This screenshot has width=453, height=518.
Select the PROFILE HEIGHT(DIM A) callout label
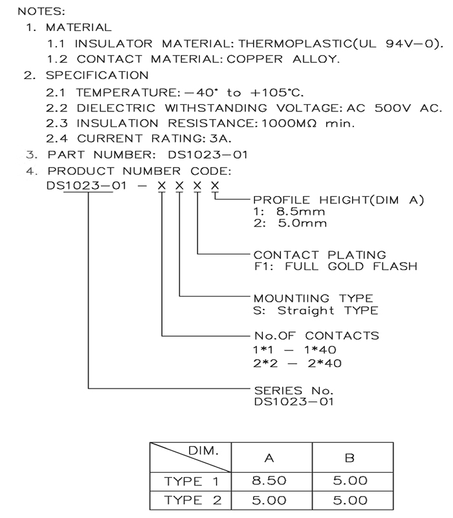(x=338, y=201)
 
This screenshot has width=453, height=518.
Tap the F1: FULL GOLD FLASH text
(x=335, y=266)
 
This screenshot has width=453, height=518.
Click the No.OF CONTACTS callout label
(x=316, y=336)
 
